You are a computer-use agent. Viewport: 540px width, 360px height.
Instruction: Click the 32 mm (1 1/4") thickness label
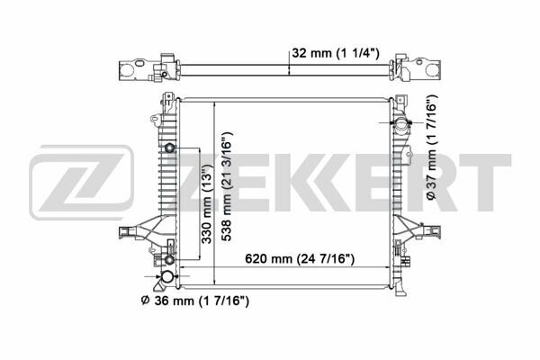coord(336,53)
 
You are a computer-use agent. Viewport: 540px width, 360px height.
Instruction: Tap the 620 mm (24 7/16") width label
coord(300,258)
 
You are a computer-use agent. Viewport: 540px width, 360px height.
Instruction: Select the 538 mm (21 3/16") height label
coord(227,186)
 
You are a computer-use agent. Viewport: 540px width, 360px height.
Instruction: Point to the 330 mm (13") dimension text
coord(207,204)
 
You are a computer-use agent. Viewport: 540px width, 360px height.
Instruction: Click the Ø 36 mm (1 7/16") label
coord(195,301)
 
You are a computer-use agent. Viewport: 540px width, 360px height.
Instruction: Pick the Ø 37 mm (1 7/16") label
coord(431,148)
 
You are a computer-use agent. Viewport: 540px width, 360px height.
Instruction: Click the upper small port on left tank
coord(169,148)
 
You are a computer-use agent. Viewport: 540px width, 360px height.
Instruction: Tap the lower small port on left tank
coord(169,260)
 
